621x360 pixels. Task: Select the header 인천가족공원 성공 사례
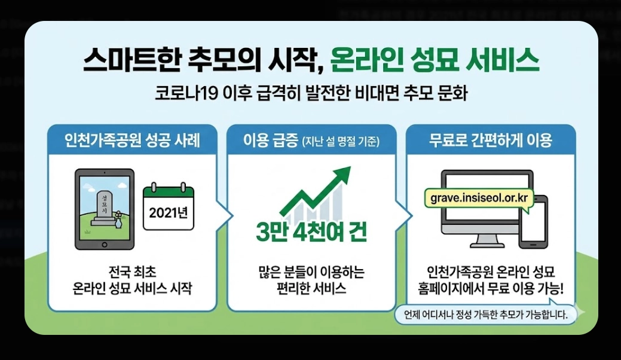point(132,141)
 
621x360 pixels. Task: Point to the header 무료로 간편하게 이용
point(490,141)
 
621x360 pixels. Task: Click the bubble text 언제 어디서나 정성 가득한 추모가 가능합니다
point(485,314)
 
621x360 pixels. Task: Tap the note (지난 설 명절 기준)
point(341,142)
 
